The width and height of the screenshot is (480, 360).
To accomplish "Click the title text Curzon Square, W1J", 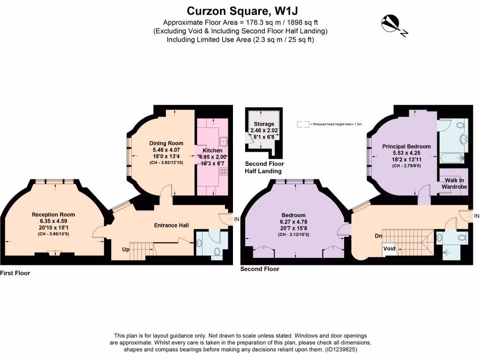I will [240, 10].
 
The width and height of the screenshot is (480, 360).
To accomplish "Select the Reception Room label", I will [53, 215].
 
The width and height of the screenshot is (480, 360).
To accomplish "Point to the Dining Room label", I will [166, 143].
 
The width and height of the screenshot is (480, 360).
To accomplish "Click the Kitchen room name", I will [212, 150].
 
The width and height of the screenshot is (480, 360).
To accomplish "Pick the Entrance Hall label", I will [171, 225].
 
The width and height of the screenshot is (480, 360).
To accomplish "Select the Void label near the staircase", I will [389, 248].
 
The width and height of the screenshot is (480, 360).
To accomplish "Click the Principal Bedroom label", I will [406, 146].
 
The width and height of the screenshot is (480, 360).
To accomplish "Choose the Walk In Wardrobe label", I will [454, 183].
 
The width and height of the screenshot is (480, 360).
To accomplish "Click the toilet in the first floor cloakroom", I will [217, 251].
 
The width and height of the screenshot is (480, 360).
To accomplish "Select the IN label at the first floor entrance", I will [236, 219].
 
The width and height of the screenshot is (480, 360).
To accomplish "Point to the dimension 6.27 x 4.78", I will [294, 222].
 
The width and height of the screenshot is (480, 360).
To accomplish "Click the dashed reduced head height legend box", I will [303, 124].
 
